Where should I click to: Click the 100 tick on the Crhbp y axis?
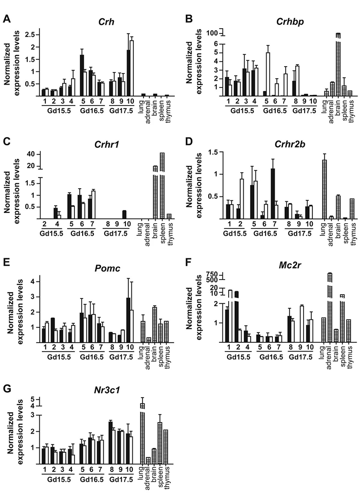pyautogui.click(x=214, y=33)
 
